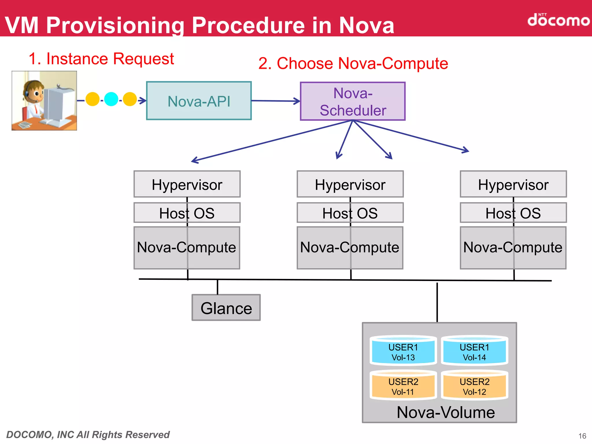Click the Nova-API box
coord(199,101)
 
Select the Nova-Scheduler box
coord(353,101)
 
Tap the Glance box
coord(226,308)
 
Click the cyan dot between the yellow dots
coord(111,99)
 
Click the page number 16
coord(582,436)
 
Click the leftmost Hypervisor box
coord(187,184)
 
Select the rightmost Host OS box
coord(513,213)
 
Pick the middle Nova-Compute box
coord(350,248)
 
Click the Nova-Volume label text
coord(445,412)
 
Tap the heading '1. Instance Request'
coord(101,59)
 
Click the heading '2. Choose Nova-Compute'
coord(353,63)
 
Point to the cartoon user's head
coord(33,91)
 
